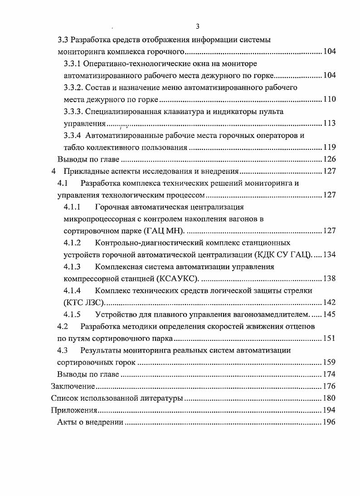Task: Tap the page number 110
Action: tap(329, 99)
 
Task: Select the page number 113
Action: tap(329, 123)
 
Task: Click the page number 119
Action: tap(329, 147)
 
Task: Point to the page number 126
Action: tap(329, 159)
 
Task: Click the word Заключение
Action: tap(73, 387)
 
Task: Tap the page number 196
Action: tap(329, 422)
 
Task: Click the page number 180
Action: tap(329, 398)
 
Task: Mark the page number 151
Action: tap(329, 339)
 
